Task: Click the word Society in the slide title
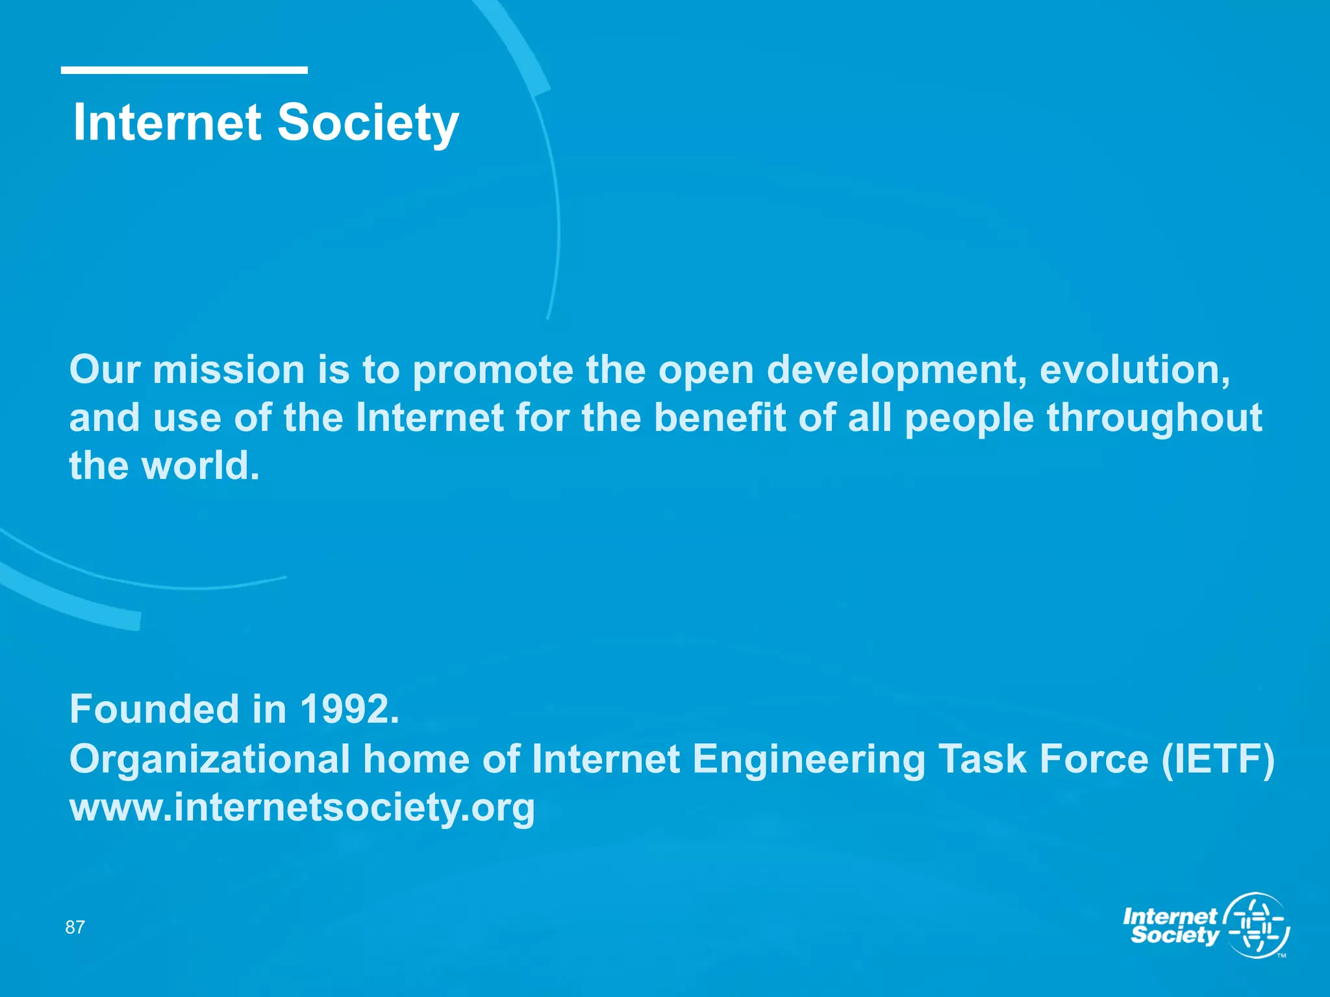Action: [368, 123]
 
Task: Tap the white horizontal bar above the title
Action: [184, 70]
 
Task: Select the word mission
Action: [229, 370]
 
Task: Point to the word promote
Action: [493, 371]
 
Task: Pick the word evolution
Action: [1134, 370]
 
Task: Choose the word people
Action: [969, 419]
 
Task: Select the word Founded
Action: [155, 709]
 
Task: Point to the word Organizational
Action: [210, 759]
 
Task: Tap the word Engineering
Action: [809, 759]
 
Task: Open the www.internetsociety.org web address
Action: [302, 808]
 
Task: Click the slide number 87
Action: [75, 927]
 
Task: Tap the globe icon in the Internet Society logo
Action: [1256, 926]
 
